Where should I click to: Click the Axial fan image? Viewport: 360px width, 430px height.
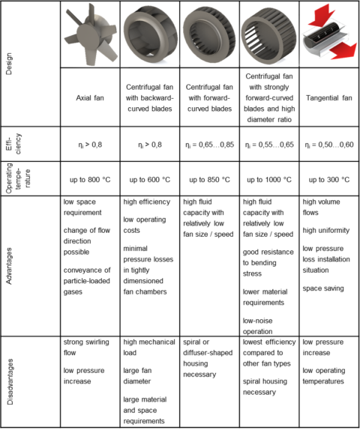(90, 34)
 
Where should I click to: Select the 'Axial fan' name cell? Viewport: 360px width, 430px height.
(90, 97)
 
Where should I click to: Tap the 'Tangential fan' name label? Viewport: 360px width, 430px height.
(328, 97)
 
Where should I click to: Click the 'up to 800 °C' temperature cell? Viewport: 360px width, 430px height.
(90, 180)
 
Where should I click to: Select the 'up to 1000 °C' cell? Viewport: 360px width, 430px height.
(268, 180)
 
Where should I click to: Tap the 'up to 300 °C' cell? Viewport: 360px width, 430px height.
(328, 180)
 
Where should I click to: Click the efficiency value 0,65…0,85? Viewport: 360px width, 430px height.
(210, 143)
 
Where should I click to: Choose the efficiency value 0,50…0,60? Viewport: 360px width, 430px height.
(328, 143)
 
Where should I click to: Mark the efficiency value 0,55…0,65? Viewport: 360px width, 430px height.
(268, 143)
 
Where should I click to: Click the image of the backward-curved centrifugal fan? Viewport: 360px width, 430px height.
(150, 34)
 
